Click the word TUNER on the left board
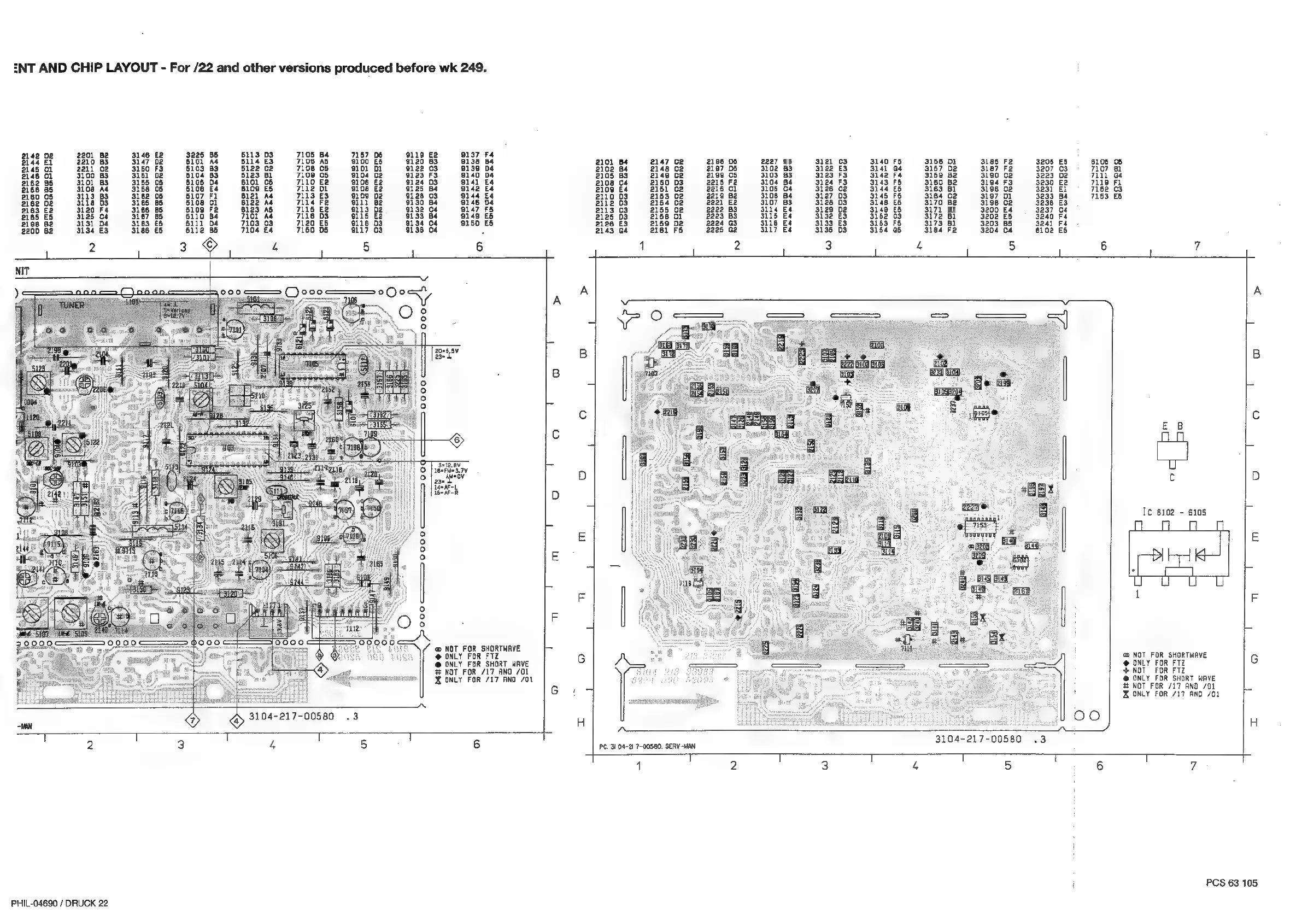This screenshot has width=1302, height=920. click(72, 305)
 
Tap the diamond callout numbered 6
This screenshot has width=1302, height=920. click(456, 440)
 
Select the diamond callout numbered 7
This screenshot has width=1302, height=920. click(193, 720)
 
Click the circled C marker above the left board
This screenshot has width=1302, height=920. click(210, 244)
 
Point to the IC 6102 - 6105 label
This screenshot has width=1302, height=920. click(1175, 512)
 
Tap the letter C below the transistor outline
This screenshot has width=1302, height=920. click(1171, 478)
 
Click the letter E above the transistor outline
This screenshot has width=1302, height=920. click(1165, 426)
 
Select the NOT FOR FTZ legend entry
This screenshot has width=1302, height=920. click(1153, 670)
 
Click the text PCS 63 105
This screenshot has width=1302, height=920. click(1231, 883)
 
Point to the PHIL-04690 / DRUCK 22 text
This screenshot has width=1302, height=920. click(59, 903)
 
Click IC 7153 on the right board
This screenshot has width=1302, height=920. click(980, 525)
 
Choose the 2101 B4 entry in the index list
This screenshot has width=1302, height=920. click(611, 162)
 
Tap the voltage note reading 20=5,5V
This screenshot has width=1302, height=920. click(447, 350)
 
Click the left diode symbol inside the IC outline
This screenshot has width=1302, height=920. click(1157, 555)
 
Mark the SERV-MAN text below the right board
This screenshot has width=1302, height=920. click(680, 746)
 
